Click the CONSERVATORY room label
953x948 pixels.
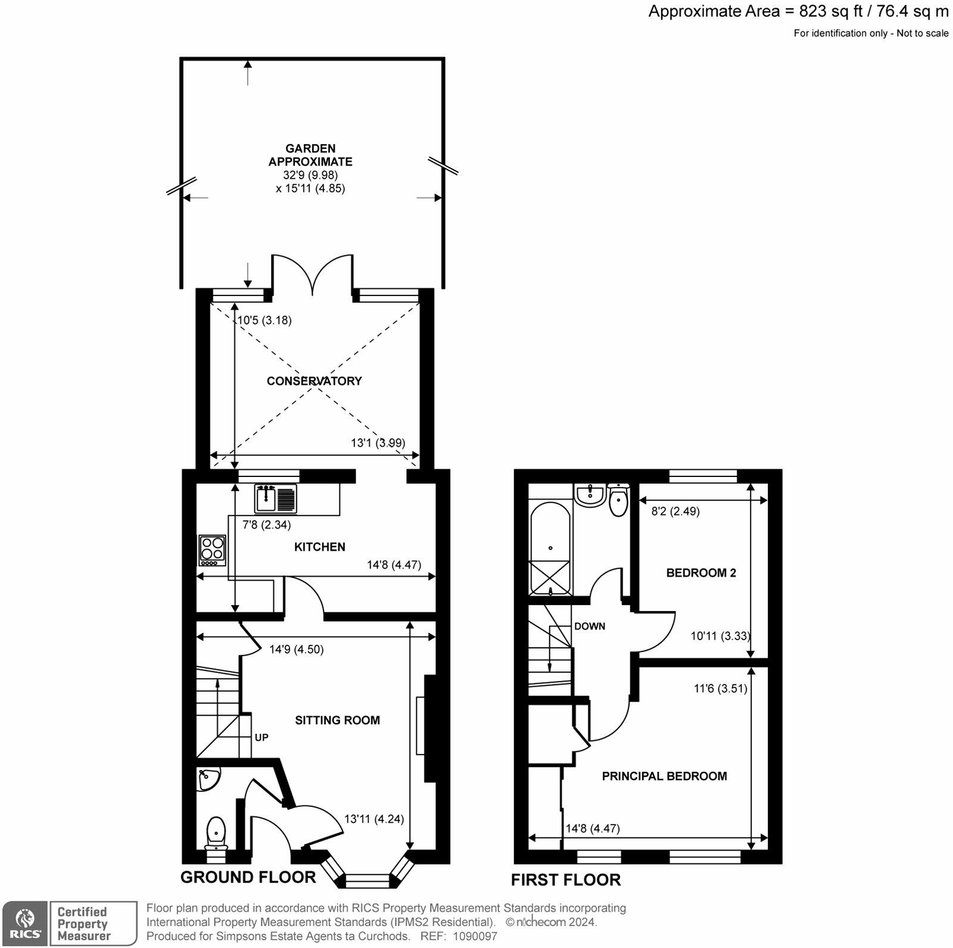314,381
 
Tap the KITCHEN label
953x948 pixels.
320,547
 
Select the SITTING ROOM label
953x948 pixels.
338,720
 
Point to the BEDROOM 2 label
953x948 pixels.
701,573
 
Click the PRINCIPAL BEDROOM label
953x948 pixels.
665,776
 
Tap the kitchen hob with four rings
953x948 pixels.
213,551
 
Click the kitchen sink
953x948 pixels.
276,498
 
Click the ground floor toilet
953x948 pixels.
216,834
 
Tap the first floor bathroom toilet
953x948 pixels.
619,500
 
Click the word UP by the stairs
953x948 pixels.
261,737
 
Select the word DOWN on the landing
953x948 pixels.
590,626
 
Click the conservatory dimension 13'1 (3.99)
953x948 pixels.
378,443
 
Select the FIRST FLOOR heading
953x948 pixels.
566,880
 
